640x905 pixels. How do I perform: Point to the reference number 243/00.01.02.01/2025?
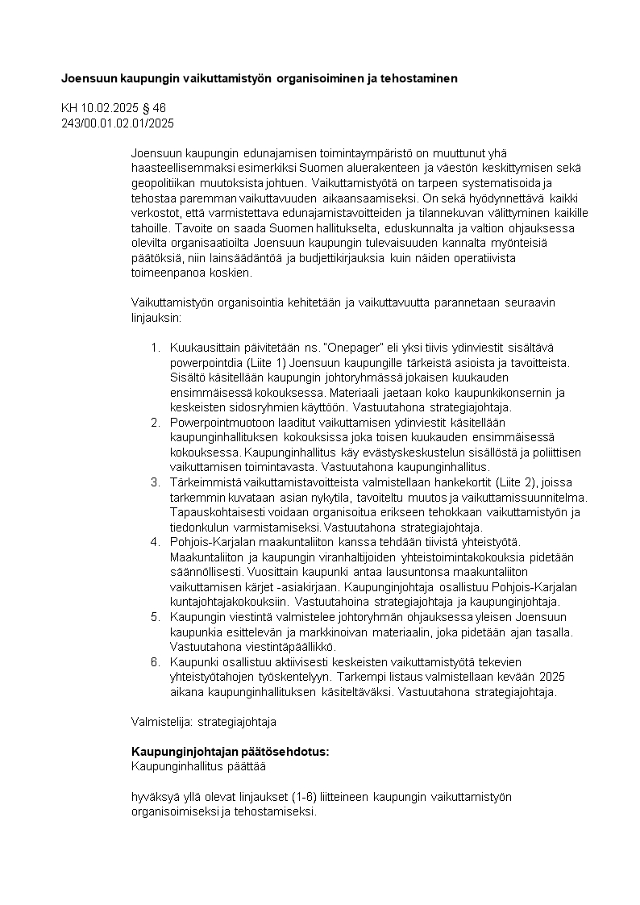click(118, 123)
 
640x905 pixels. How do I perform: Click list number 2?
click(156, 423)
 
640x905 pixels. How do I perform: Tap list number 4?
click(156, 541)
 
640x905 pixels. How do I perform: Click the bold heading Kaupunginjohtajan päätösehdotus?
click(230, 751)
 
